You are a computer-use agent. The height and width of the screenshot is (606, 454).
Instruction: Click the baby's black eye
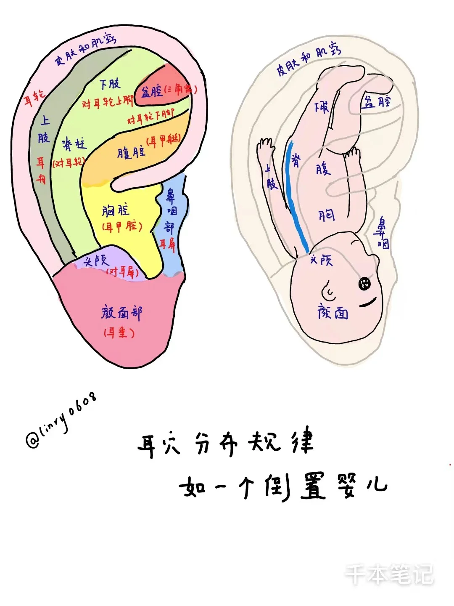[364, 284]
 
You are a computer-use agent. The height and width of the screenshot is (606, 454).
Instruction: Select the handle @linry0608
[61, 421]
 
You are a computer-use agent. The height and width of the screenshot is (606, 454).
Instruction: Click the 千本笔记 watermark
[389, 574]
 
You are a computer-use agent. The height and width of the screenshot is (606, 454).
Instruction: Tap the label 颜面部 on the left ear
[122, 313]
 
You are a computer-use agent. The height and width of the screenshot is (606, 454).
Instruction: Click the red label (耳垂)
[119, 333]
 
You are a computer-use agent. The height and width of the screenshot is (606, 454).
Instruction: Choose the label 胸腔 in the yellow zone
[116, 210]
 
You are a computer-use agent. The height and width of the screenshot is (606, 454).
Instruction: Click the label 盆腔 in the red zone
[152, 92]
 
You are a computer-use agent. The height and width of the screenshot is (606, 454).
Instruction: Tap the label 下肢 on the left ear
[110, 84]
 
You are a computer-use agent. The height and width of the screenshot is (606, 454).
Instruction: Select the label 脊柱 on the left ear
[74, 145]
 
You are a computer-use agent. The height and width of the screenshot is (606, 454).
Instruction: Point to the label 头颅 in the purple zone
[96, 261]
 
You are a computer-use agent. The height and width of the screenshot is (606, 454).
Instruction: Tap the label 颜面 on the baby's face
[333, 313]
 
